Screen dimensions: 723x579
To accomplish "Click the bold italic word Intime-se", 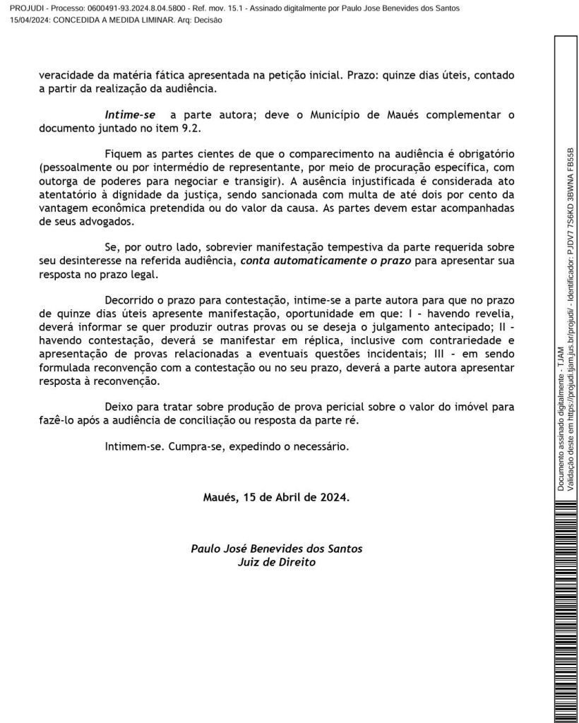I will point(130,114).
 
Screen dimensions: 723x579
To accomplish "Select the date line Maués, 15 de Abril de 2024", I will point(276,496).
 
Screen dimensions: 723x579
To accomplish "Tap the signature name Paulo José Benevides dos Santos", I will point(276,549).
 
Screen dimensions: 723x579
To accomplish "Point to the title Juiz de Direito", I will point(276,563).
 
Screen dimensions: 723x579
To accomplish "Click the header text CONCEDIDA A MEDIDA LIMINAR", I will point(120,20).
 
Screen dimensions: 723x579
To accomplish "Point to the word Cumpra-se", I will point(192,446).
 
